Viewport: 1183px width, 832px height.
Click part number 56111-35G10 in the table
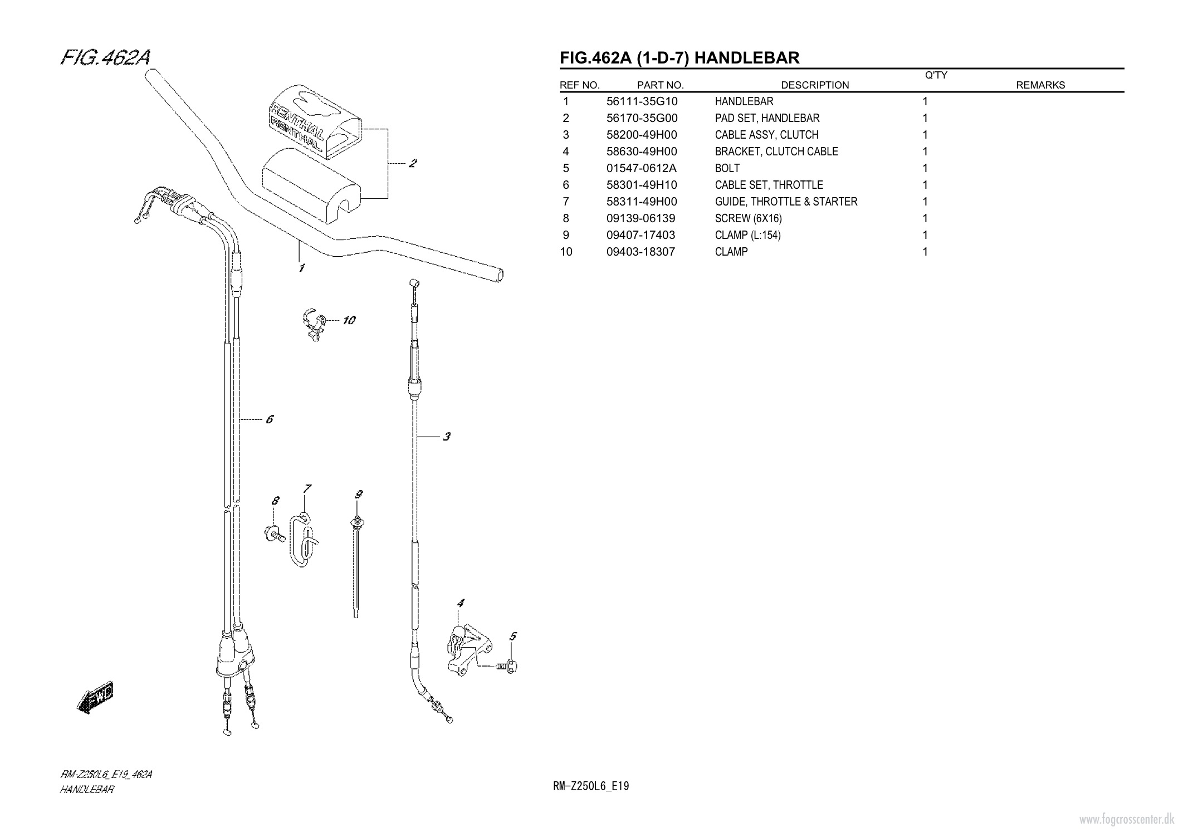pyautogui.click(x=642, y=101)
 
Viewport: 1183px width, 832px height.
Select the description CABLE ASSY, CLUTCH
pyautogui.click(x=766, y=135)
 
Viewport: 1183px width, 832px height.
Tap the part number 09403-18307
pyautogui.click(x=640, y=252)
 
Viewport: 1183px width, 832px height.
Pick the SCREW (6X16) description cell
pyautogui.click(x=748, y=218)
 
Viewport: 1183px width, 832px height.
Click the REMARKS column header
pyautogui.click(x=1040, y=85)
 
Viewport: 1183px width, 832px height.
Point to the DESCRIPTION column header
pyautogui.click(x=814, y=85)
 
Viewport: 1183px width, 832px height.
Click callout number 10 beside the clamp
pyautogui.click(x=349, y=320)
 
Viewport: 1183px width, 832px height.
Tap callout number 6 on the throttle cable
pyautogui.click(x=270, y=419)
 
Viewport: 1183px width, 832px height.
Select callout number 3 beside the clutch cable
pyautogui.click(x=447, y=437)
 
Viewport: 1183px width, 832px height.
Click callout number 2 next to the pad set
pyautogui.click(x=413, y=164)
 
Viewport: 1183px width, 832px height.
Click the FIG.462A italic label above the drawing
pyautogui.click(x=105, y=58)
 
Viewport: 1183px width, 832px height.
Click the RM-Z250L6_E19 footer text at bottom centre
pyautogui.click(x=591, y=786)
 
